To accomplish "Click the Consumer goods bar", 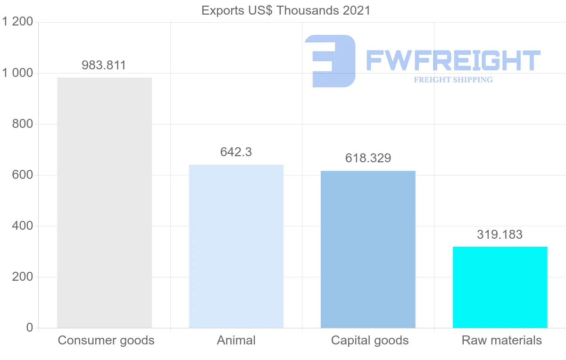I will coord(104,202).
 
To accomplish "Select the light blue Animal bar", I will coord(236,246).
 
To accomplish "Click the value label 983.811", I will coord(104,65).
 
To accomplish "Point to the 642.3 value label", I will coord(236,152).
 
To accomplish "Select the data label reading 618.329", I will coord(368,158).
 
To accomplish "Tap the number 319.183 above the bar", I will coord(500,234).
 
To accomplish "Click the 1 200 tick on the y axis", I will coord(17,22).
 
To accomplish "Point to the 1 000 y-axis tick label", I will coord(17,73).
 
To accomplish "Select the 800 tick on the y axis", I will coord(23,124).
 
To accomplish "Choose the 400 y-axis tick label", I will coord(23,226).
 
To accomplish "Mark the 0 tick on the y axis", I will coord(29,328).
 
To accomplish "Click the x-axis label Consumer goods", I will coord(106,340).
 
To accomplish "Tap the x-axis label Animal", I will coord(236,340).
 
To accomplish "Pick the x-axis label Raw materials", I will coord(502,340).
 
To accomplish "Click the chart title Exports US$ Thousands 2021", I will coord(286,10).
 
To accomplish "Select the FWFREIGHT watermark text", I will coord(453,60).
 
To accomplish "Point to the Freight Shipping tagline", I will coord(453,80).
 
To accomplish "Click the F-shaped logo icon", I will coord(331,61).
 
